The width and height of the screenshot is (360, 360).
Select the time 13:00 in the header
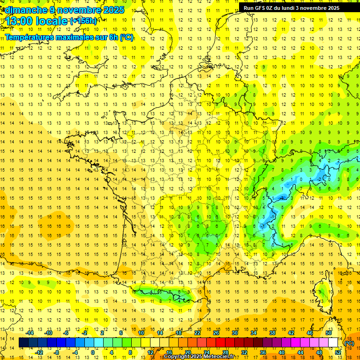coord(20,21)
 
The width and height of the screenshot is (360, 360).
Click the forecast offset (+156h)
coord(83,21)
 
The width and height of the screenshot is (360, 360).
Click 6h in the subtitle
coord(114,37)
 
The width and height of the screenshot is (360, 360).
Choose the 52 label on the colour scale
coord(338,352)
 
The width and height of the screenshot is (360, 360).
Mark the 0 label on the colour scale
coord(92,352)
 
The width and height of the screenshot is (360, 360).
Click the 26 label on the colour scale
coord(216,333)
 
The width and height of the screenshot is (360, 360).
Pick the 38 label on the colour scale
coord(272,333)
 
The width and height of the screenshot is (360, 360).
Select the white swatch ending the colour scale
coord(333,343)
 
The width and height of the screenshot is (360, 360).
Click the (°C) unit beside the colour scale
coord(349,343)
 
